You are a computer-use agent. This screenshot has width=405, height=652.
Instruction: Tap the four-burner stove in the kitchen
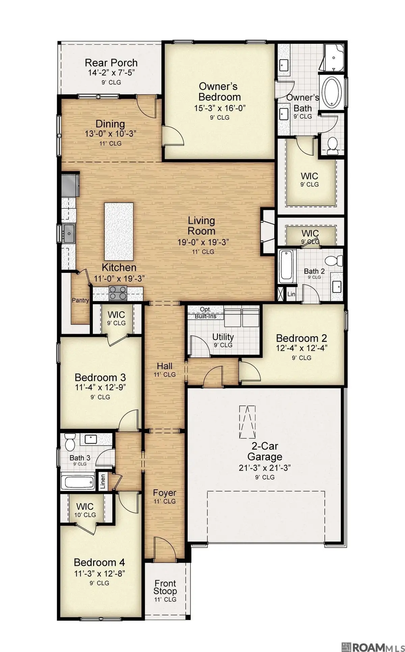pyautogui.click(x=118, y=293)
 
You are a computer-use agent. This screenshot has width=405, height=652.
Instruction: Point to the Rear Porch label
pyautogui.click(x=111, y=63)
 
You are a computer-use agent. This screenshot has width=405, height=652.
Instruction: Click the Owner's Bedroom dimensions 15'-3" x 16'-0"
pyautogui.click(x=219, y=108)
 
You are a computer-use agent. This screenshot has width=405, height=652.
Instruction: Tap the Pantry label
pyautogui.click(x=80, y=300)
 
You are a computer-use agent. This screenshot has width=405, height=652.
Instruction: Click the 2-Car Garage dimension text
pyautogui.click(x=265, y=468)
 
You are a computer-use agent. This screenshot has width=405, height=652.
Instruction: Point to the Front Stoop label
pyautogui.click(x=165, y=587)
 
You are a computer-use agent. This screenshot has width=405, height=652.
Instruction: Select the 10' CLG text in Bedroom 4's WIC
pyautogui.click(x=85, y=515)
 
